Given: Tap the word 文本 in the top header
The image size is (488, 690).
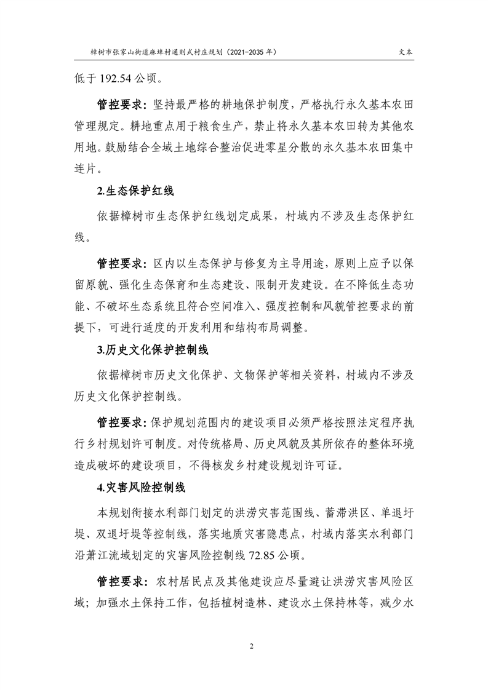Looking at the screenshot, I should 405,53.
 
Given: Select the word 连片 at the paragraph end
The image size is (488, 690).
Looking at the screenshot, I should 87,168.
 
